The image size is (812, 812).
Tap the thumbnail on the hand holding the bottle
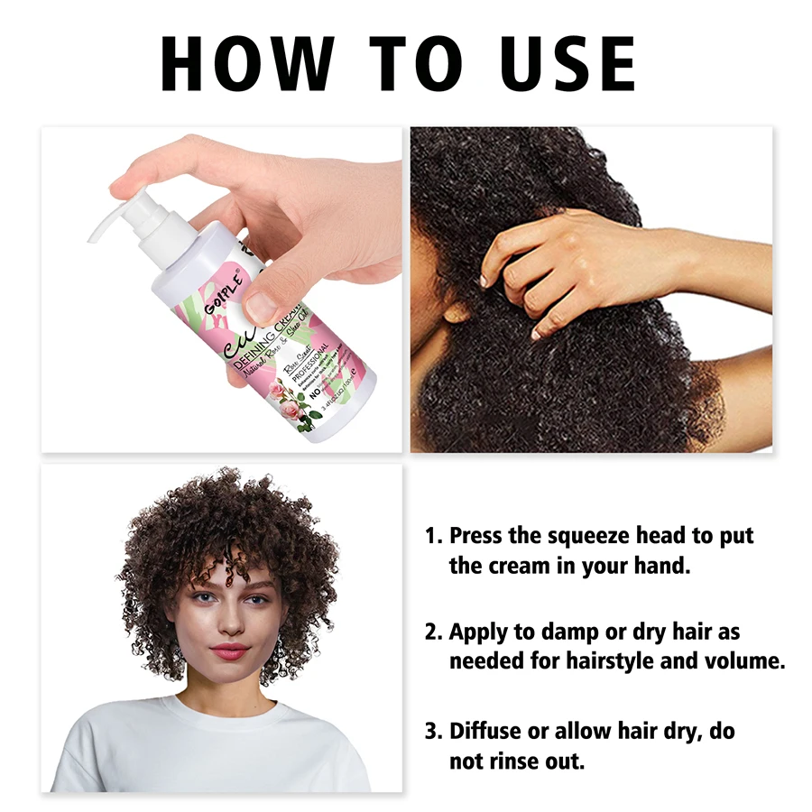point(262,306)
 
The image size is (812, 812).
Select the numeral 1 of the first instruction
point(431,536)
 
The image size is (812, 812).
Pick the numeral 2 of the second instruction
point(432,632)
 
